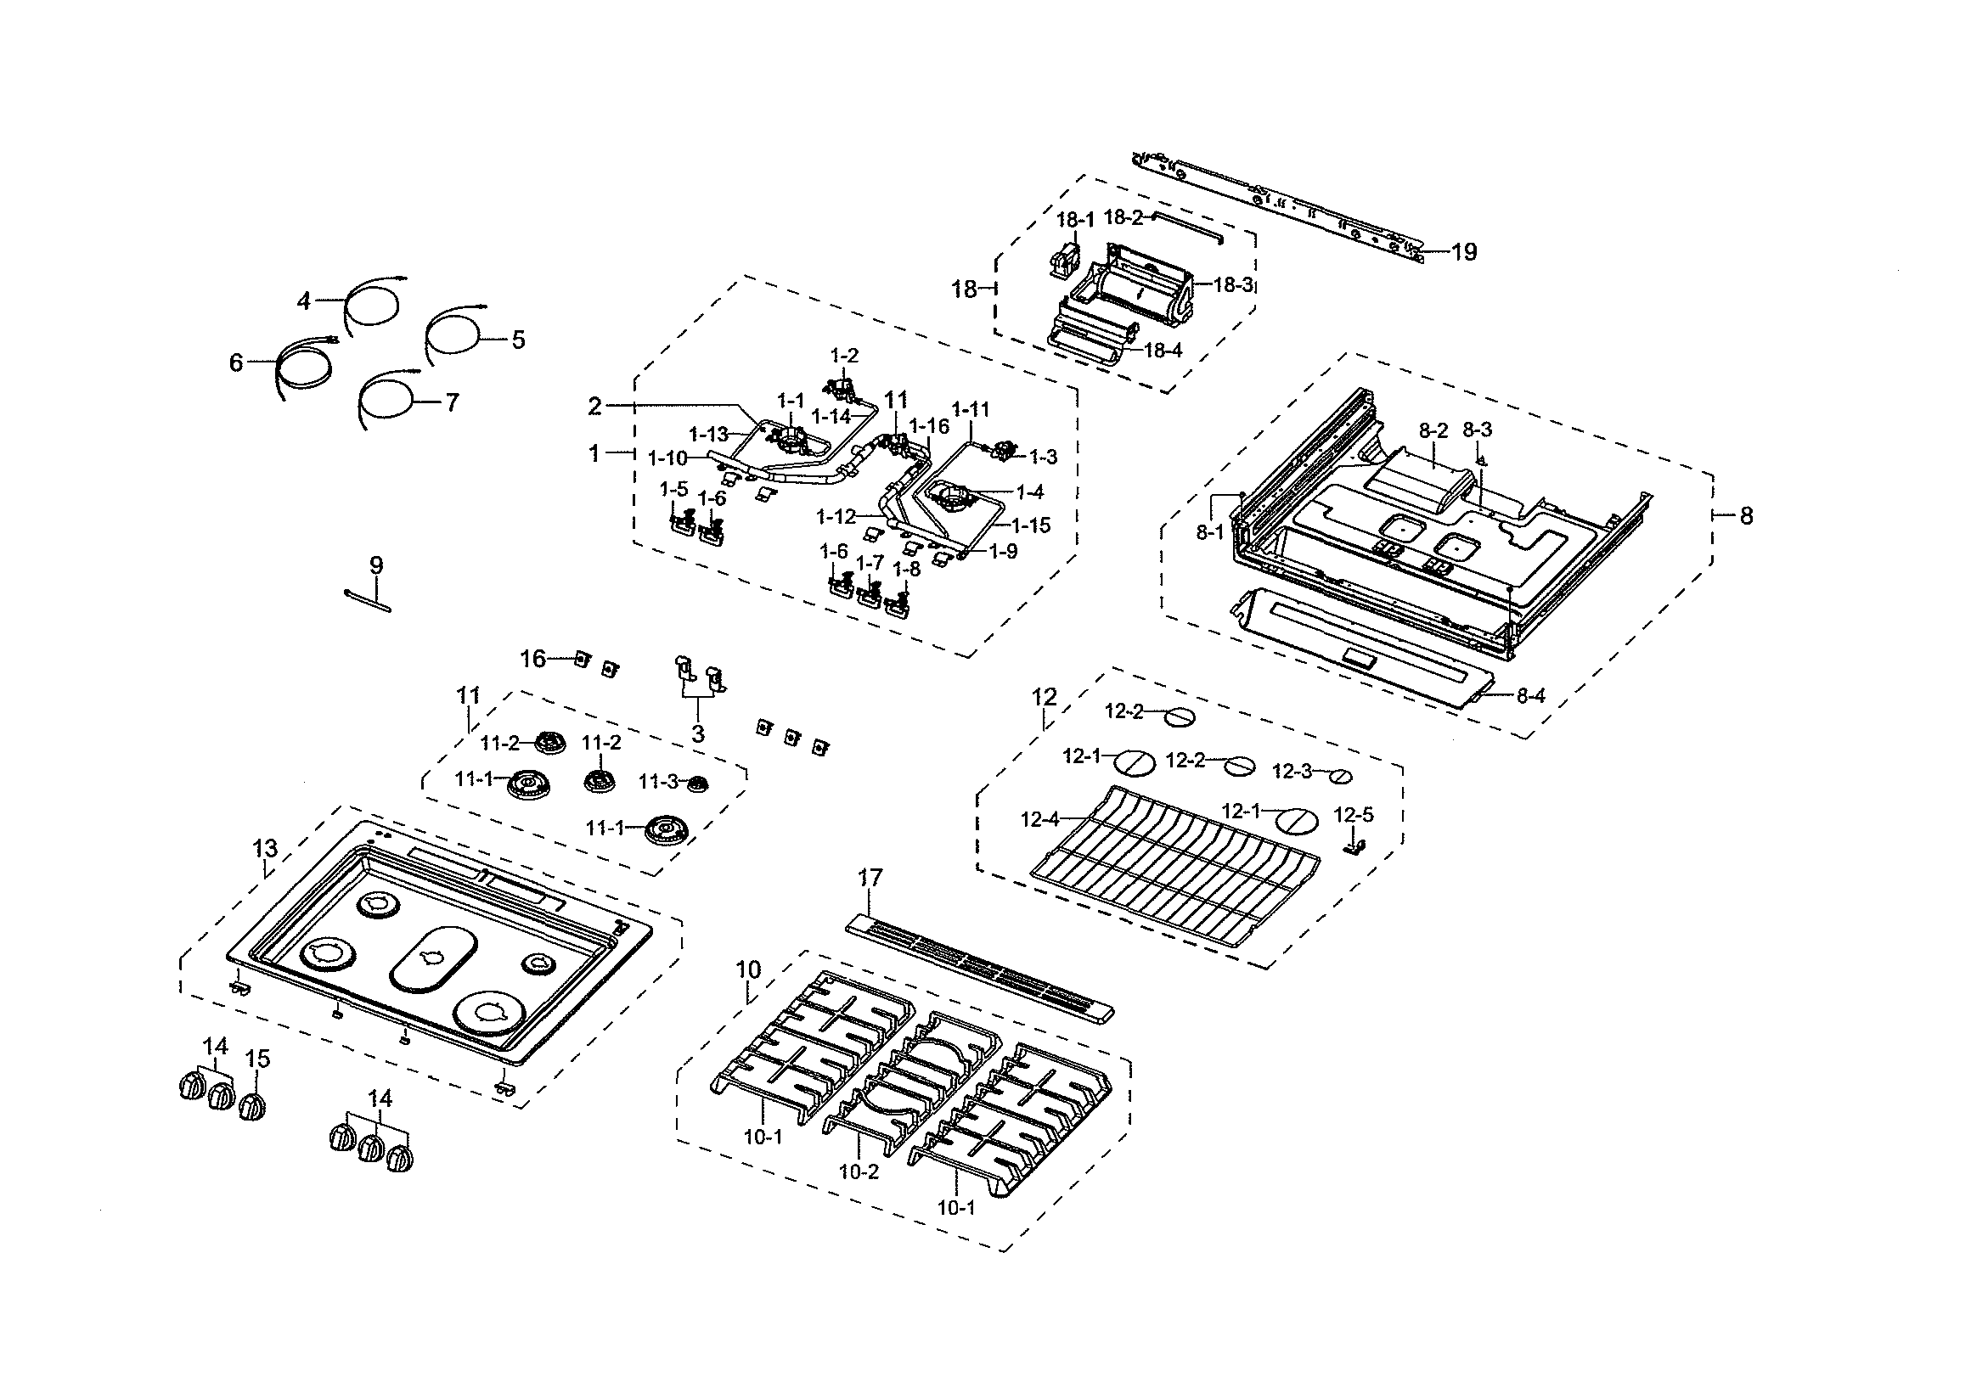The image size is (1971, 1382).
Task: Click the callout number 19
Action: (x=1465, y=252)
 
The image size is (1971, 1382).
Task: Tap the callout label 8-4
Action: (x=1529, y=696)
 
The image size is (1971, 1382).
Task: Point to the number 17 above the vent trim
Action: (x=870, y=878)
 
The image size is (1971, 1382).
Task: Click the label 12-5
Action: (x=1354, y=815)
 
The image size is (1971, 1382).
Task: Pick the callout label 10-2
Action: (x=859, y=1171)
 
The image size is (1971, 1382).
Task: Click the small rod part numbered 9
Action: (x=369, y=600)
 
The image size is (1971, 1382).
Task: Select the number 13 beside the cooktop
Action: (x=265, y=849)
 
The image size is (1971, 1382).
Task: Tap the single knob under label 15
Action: (x=252, y=1107)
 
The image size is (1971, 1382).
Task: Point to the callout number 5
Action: (x=518, y=340)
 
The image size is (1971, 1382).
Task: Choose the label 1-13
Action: (x=709, y=435)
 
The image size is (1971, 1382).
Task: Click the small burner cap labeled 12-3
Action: (x=1341, y=776)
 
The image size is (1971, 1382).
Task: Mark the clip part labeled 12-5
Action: (x=1354, y=848)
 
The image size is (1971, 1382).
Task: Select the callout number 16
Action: (x=533, y=659)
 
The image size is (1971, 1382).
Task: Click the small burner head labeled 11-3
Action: (x=698, y=783)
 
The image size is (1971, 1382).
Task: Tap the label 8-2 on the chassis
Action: (x=1433, y=430)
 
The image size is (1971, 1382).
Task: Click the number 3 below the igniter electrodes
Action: (x=698, y=734)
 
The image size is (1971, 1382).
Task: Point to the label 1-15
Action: (x=1031, y=525)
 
